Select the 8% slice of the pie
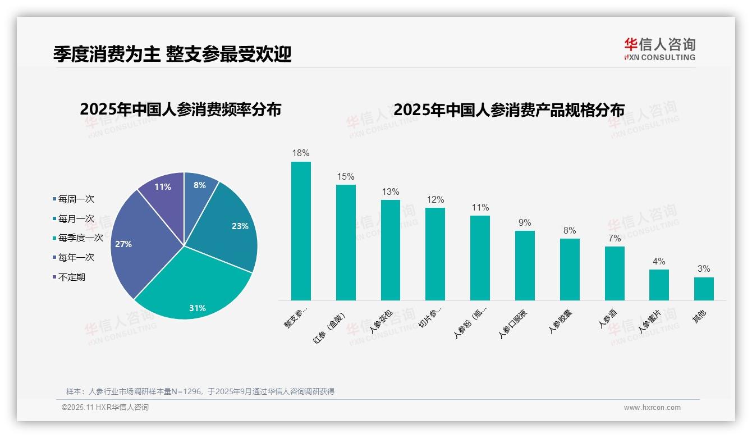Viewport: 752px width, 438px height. pyautogui.click(x=199, y=190)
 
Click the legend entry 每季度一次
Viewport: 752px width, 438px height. pyautogui.click(x=80, y=238)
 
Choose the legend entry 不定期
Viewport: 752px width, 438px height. pyautogui.click(x=71, y=277)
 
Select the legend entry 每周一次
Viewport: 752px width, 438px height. pyautogui.click(x=76, y=199)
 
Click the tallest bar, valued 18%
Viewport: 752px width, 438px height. pyautogui.click(x=301, y=231)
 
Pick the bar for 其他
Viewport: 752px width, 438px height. pyautogui.click(x=704, y=289)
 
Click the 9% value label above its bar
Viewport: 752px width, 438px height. pyautogui.click(x=525, y=222)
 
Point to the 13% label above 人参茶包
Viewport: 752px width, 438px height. pyautogui.click(x=390, y=191)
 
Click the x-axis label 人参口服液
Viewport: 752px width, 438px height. pyautogui.click(x=513, y=323)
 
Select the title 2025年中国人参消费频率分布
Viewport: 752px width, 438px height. pyautogui.click(x=180, y=109)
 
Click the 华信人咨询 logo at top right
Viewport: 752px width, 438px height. pyautogui.click(x=659, y=49)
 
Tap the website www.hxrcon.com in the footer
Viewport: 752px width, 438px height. pyautogui.click(x=652, y=408)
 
